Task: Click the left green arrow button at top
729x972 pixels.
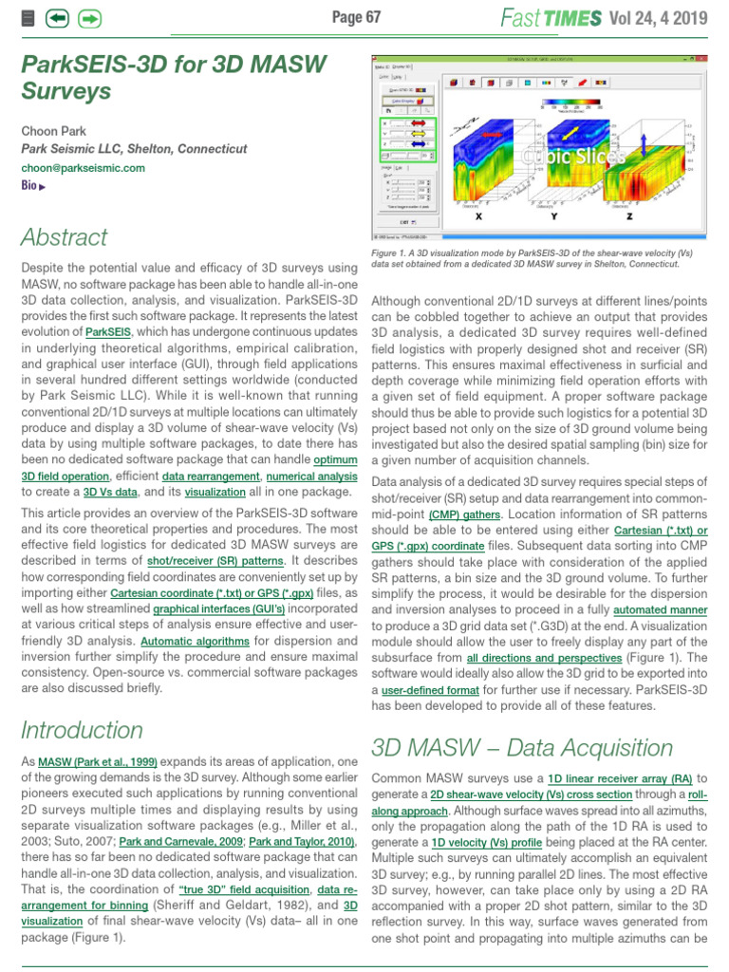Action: (57, 18)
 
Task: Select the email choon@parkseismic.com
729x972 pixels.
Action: (83, 168)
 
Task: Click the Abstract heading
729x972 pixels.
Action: (65, 236)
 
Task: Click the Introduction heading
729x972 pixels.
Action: (82, 730)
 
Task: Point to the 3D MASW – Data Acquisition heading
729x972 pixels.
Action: (522, 747)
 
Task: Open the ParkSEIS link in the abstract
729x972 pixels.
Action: (108, 332)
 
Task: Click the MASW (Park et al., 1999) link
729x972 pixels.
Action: (98, 762)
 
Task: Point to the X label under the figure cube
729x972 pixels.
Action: (477, 217)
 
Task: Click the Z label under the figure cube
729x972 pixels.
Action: (629, 217)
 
